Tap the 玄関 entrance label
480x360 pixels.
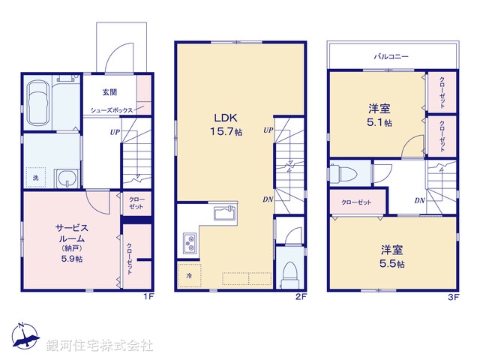110,93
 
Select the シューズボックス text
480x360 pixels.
111,110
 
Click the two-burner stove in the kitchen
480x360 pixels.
187,243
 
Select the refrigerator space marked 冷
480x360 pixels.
189,275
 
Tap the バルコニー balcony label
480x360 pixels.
391,55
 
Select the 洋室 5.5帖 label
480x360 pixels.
391,256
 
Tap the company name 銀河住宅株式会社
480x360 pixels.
99,346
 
